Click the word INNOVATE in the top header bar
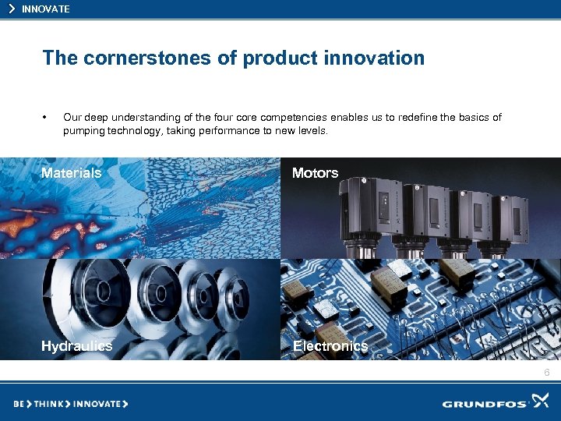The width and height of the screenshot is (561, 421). coord(46,9)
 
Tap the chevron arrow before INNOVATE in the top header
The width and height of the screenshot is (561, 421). coord(12,9)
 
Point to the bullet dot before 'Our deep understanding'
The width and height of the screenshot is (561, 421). coord(46,118)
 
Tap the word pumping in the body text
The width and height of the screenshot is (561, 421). coord(83,131)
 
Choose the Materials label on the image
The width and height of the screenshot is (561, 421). coord(71,173)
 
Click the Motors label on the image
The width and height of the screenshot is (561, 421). coord(315,173)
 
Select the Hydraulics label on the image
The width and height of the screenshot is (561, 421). coord(76,346)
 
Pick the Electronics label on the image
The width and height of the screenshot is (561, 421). coord(330,346)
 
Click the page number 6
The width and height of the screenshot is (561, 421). coord(546,373)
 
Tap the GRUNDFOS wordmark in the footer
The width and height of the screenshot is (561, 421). coord(485,404)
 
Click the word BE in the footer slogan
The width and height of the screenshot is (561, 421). coord(19,404)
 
